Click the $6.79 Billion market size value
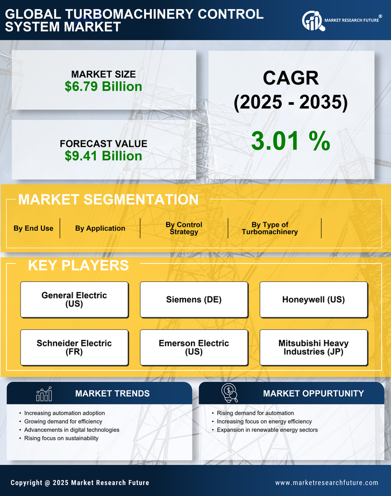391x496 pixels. [103, 87]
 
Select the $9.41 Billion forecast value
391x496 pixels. [103, 156]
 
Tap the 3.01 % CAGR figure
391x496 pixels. [290, 140]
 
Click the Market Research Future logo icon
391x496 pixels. [312, 21]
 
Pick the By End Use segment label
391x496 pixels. [33, 228]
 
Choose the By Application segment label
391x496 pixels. [100, 228]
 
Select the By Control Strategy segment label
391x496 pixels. [184, 228]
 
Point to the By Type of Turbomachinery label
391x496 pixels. [269, 228]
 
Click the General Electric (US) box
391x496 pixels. [74, 299]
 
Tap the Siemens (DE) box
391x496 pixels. [194, 299]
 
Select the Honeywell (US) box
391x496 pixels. [314, 299]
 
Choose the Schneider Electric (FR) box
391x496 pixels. [74, 347]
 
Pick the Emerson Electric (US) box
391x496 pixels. [194, 347]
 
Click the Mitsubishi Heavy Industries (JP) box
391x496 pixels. [314, 347]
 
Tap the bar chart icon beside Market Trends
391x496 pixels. [44, 394]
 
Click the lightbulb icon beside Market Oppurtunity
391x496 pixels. [230, 393]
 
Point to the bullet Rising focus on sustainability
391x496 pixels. [61, 438]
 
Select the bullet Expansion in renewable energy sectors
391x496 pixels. [267, 430]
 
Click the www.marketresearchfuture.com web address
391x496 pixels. [326, 483]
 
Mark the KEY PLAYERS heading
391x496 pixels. [78, 265]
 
